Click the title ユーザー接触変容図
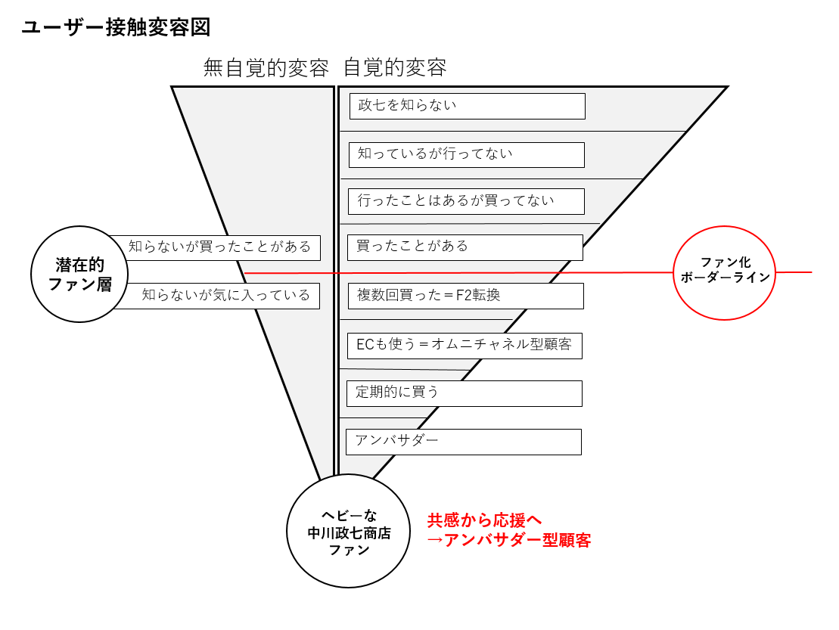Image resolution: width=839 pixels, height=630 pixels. tap(116, 28)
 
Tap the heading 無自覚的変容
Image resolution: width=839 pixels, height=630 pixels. tap(266, 68)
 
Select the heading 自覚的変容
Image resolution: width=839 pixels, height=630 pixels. tap(395, 68)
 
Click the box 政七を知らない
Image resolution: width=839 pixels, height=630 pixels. tap(467, 106)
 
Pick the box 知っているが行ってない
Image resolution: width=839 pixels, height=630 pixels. tap(466, 154)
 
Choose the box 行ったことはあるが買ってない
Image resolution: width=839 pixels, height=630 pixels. tap(466, 201)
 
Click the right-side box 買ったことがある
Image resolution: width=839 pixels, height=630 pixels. tap(465, 247)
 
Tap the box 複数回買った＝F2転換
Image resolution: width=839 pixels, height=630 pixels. tap(465, 296)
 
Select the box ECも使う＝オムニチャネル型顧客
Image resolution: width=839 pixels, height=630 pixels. tap(465, 346)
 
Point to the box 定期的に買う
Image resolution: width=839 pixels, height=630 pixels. tap(464, 393)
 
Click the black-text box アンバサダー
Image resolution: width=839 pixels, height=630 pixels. tap(463, 442)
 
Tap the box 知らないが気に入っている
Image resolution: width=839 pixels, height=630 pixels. tap(226, 296)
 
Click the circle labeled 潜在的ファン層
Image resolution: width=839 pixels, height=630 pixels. tap(79, 275)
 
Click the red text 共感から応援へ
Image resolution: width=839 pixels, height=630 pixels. tap(484, 520)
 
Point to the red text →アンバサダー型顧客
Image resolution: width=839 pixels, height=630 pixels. tap(508, 541)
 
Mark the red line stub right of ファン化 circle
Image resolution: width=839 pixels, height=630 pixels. tap(794, 272)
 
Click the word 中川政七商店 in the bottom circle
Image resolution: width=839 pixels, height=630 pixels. tap(349, 533)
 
